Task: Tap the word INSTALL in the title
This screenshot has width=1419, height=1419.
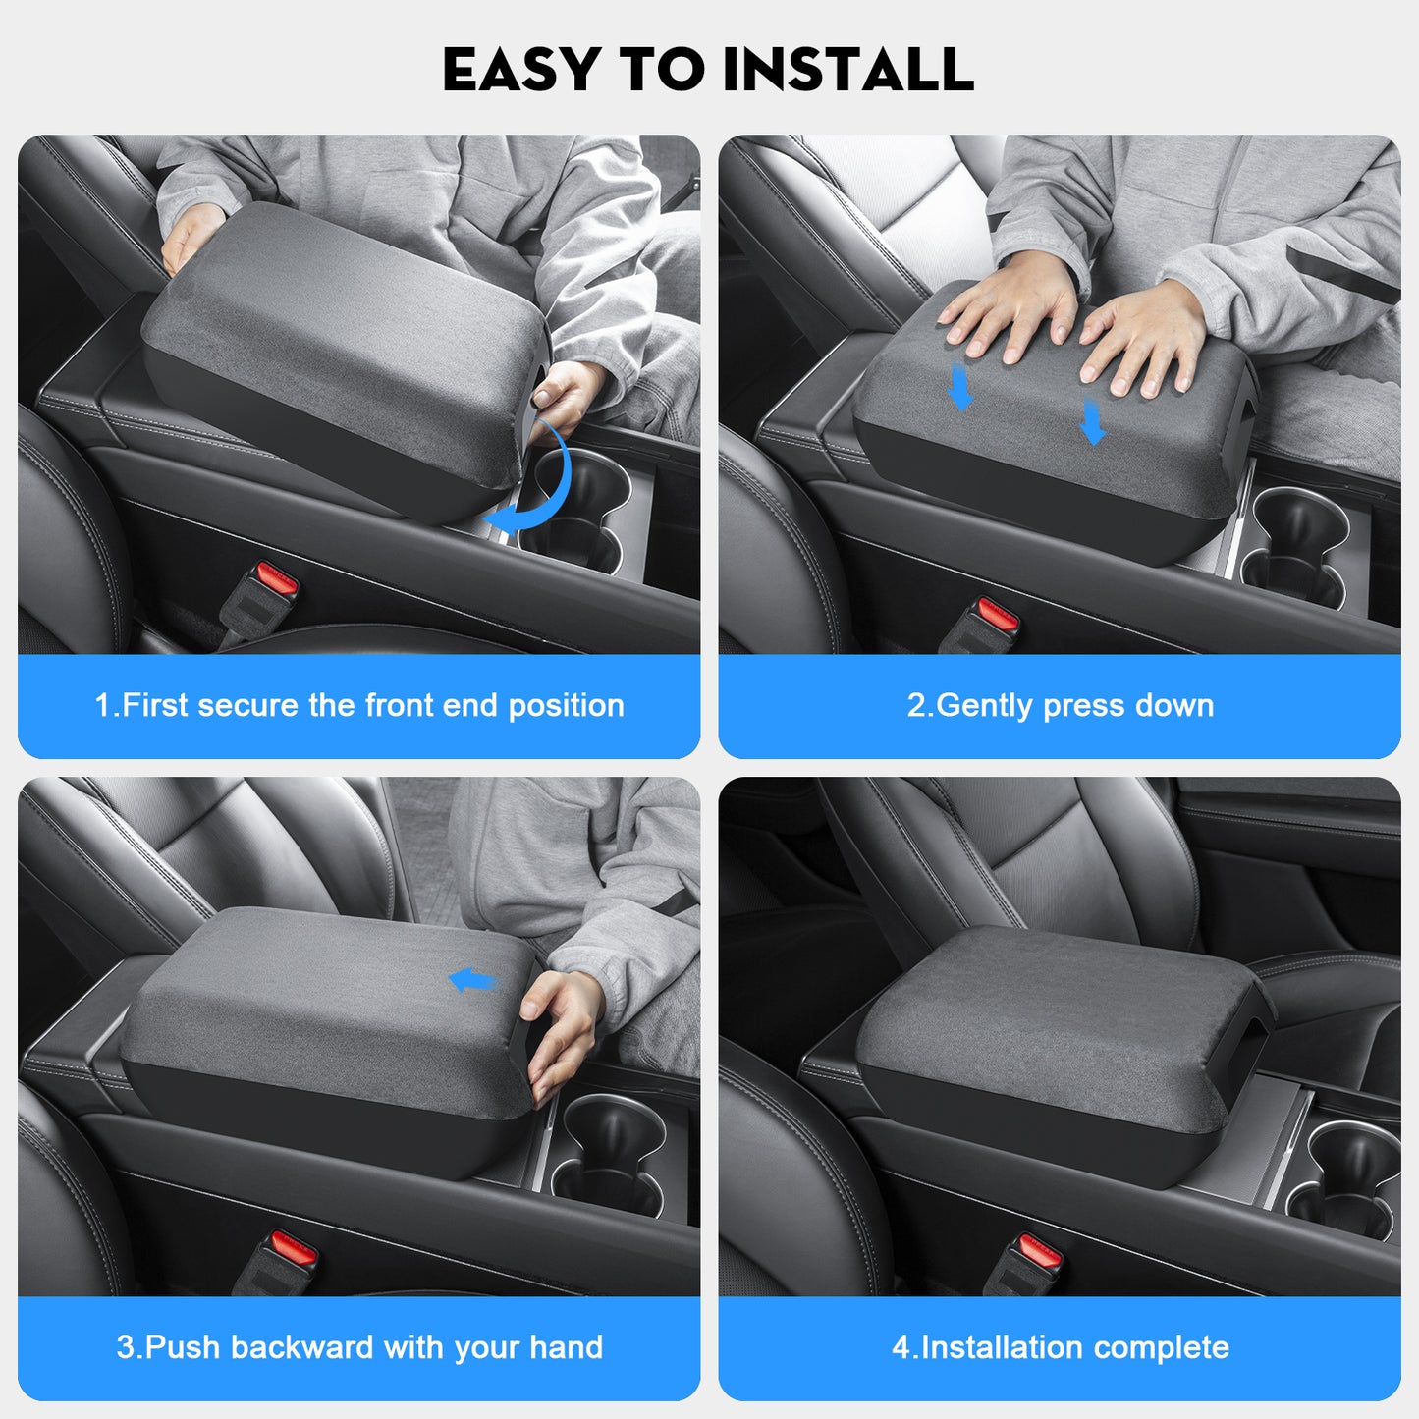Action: click(847, 70)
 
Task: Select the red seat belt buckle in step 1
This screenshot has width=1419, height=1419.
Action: click(276, 581)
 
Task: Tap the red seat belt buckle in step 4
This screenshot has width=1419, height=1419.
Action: click(1039, 1252)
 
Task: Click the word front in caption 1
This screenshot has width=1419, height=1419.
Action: click(400, 705)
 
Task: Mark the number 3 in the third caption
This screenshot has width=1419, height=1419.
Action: click(125, 1347)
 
